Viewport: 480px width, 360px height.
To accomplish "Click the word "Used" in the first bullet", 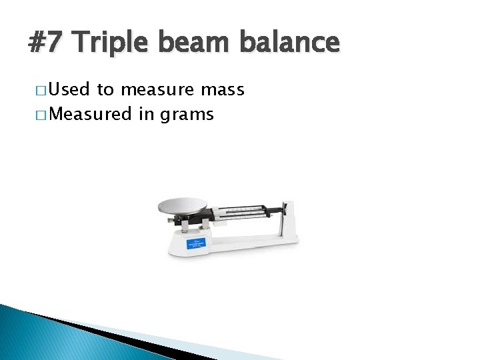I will [71, 90].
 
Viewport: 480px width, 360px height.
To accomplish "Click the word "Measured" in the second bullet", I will [90, 115].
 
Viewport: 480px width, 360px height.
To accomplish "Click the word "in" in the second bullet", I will [146, 115].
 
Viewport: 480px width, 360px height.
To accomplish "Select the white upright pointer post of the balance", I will [289, 217].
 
